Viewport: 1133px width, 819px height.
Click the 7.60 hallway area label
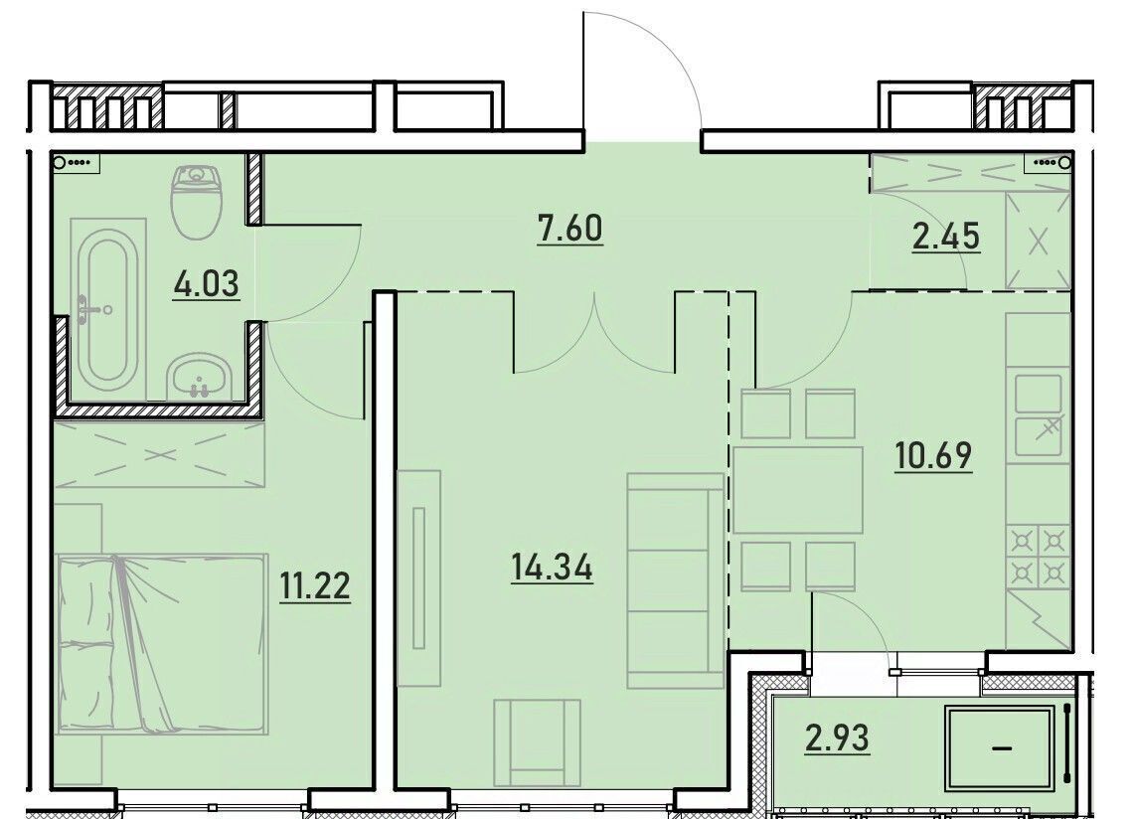(x=569, y=229)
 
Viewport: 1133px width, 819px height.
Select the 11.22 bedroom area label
(x=315, y=585)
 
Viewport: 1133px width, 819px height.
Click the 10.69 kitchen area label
(x=933, y=455)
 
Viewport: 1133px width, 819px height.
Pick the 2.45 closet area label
(x=946, y=236)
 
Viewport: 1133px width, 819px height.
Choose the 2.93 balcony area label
(x=837, y=738)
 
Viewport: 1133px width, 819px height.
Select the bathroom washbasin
(x=199, y=376)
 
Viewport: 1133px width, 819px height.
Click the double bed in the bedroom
(x=160, y=643)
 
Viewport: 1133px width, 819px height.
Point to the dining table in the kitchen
(x=798, y=489)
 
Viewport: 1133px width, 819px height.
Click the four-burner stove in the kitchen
(x=1037, y=555)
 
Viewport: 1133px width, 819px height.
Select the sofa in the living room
(x=676, y=580)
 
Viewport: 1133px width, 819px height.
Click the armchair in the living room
(x=537, y=742)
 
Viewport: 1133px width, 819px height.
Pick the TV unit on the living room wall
(x=418, y=577)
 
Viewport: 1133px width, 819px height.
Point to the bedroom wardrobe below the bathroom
(x=160, y=454)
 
